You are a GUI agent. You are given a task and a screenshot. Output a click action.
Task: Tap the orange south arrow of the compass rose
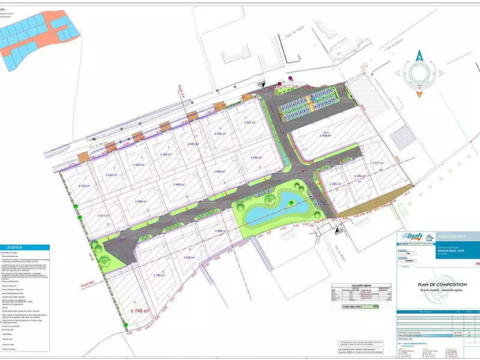[419, 91]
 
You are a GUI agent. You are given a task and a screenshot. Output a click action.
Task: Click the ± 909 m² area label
[324, 136]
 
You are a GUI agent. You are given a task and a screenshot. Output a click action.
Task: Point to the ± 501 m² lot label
[250, 122]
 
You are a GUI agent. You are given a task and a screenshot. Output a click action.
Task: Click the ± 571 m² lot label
[377, 163]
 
